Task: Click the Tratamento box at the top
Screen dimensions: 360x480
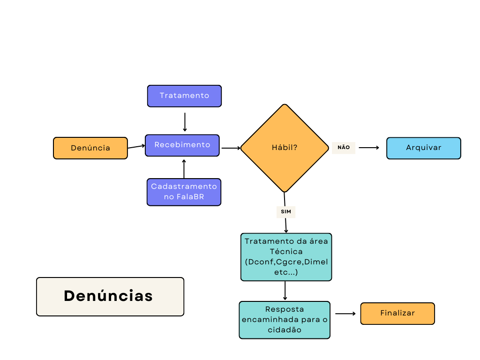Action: pyautogui.click(x=184, y=96)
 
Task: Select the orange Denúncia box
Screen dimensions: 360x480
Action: pyautogui.click(x=90, y=148)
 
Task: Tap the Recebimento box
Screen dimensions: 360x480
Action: pyautogui.click(x=182, y=145)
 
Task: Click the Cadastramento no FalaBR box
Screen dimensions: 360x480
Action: pyautogui.click(x=184, y=192)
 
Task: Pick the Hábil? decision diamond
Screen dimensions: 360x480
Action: pyautogui.click(x=285, y=148)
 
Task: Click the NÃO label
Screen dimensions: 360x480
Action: pyautogui.click(x=344, y=148)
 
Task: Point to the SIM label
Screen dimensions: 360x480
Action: pyautogui.click(x=286, y=212)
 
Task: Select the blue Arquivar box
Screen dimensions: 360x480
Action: pyautogui.click(x=424, y=148)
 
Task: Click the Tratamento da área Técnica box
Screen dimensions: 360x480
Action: pyautogui.click(x=286, y=257)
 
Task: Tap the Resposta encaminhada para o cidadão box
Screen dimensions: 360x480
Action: pyautogui.click(x=285, y=320)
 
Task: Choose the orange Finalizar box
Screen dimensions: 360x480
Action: pyautogui.click(x=397, y=313)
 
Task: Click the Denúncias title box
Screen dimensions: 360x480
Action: pyautogui.click(x=110, y=296)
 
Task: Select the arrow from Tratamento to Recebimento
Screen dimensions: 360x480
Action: pyautogui.click(x=185, y=122)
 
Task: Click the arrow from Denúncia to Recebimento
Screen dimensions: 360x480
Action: pyautogui.click(x=136, y=147)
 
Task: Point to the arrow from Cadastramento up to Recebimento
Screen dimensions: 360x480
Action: pyautogui.click(x=184, y=169)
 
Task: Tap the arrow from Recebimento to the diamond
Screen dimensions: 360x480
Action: pyautogui.click(x=231, y=148)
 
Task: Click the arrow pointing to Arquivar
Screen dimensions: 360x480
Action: pyautogui.click(x=369, y=148)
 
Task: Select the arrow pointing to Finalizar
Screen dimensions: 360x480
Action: pyautogui.click(x=345, y=314)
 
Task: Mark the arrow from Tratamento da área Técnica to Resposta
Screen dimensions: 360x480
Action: pyautogui.click(x=285, y=291)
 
